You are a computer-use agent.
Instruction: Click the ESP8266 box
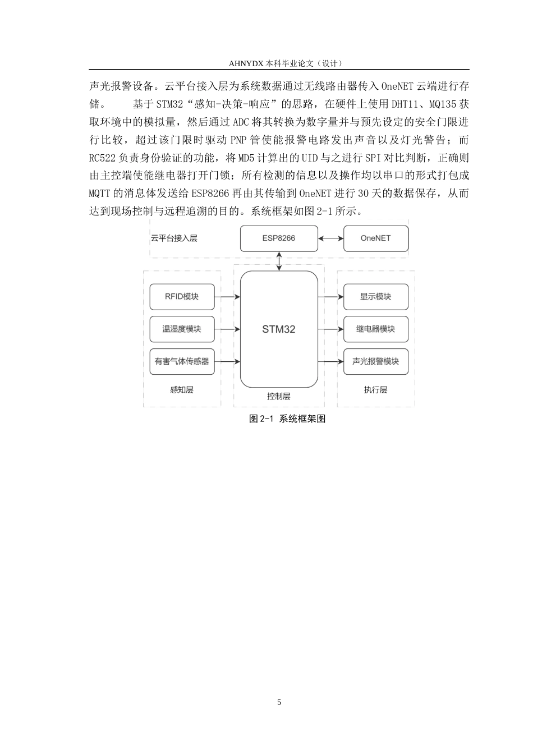(279, 238)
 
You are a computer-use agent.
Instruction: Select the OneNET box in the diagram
(376, 238)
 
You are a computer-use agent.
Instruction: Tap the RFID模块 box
(182, 297)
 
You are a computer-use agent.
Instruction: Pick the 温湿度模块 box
(182, 329)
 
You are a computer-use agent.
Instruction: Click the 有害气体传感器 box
(182, 361)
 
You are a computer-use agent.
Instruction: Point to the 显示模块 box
(376, 297)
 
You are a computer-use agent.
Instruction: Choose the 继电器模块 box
(376, 329)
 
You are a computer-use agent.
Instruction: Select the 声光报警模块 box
(376, 361)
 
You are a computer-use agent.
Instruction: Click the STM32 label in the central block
(279, 329)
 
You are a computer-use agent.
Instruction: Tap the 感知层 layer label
(182, 390)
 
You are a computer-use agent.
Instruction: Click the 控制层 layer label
(279, 396)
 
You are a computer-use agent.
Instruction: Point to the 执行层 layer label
(376, 390)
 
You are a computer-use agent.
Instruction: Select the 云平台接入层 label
(174, 238)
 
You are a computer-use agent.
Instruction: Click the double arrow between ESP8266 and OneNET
(330, 238)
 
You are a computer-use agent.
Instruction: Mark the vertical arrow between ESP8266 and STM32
(279, 261)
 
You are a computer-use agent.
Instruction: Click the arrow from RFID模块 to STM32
(227, 297)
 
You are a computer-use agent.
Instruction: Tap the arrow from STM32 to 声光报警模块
(330, 361)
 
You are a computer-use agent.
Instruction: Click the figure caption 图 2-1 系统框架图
(287, 419)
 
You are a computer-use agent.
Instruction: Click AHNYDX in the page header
(245, 63)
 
